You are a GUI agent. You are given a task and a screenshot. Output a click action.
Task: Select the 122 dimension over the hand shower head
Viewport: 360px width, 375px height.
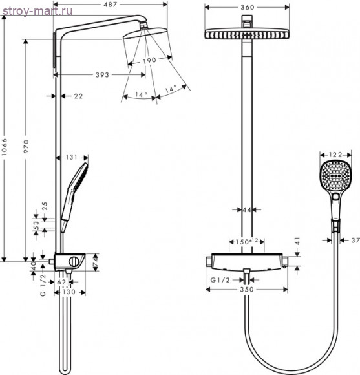[x=334, y=155]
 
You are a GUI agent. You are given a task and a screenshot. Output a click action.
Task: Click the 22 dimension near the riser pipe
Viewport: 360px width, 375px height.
[x=78, y=96]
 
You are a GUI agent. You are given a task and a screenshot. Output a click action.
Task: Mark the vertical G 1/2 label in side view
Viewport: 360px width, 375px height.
[x=43, y=285]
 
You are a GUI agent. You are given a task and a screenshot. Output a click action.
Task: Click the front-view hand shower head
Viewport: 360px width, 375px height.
[x=334, y=175]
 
